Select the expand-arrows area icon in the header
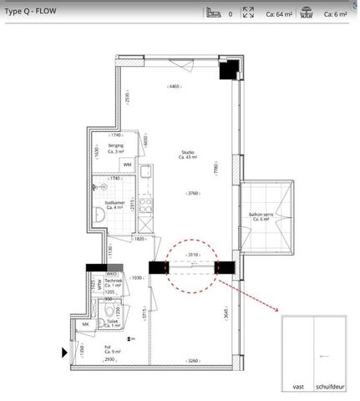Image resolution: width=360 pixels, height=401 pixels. pyautogui.click(x=247, y=13)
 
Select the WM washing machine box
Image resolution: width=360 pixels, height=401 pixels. pyautogui.click(x=127, y=165)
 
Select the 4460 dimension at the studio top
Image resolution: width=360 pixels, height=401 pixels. pyautogui.click(x=174, y=88)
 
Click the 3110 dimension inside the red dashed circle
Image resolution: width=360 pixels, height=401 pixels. pyautogui.click(x=193, y=255)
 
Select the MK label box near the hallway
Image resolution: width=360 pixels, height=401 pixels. pyautogui.click(x=84, y=325)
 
